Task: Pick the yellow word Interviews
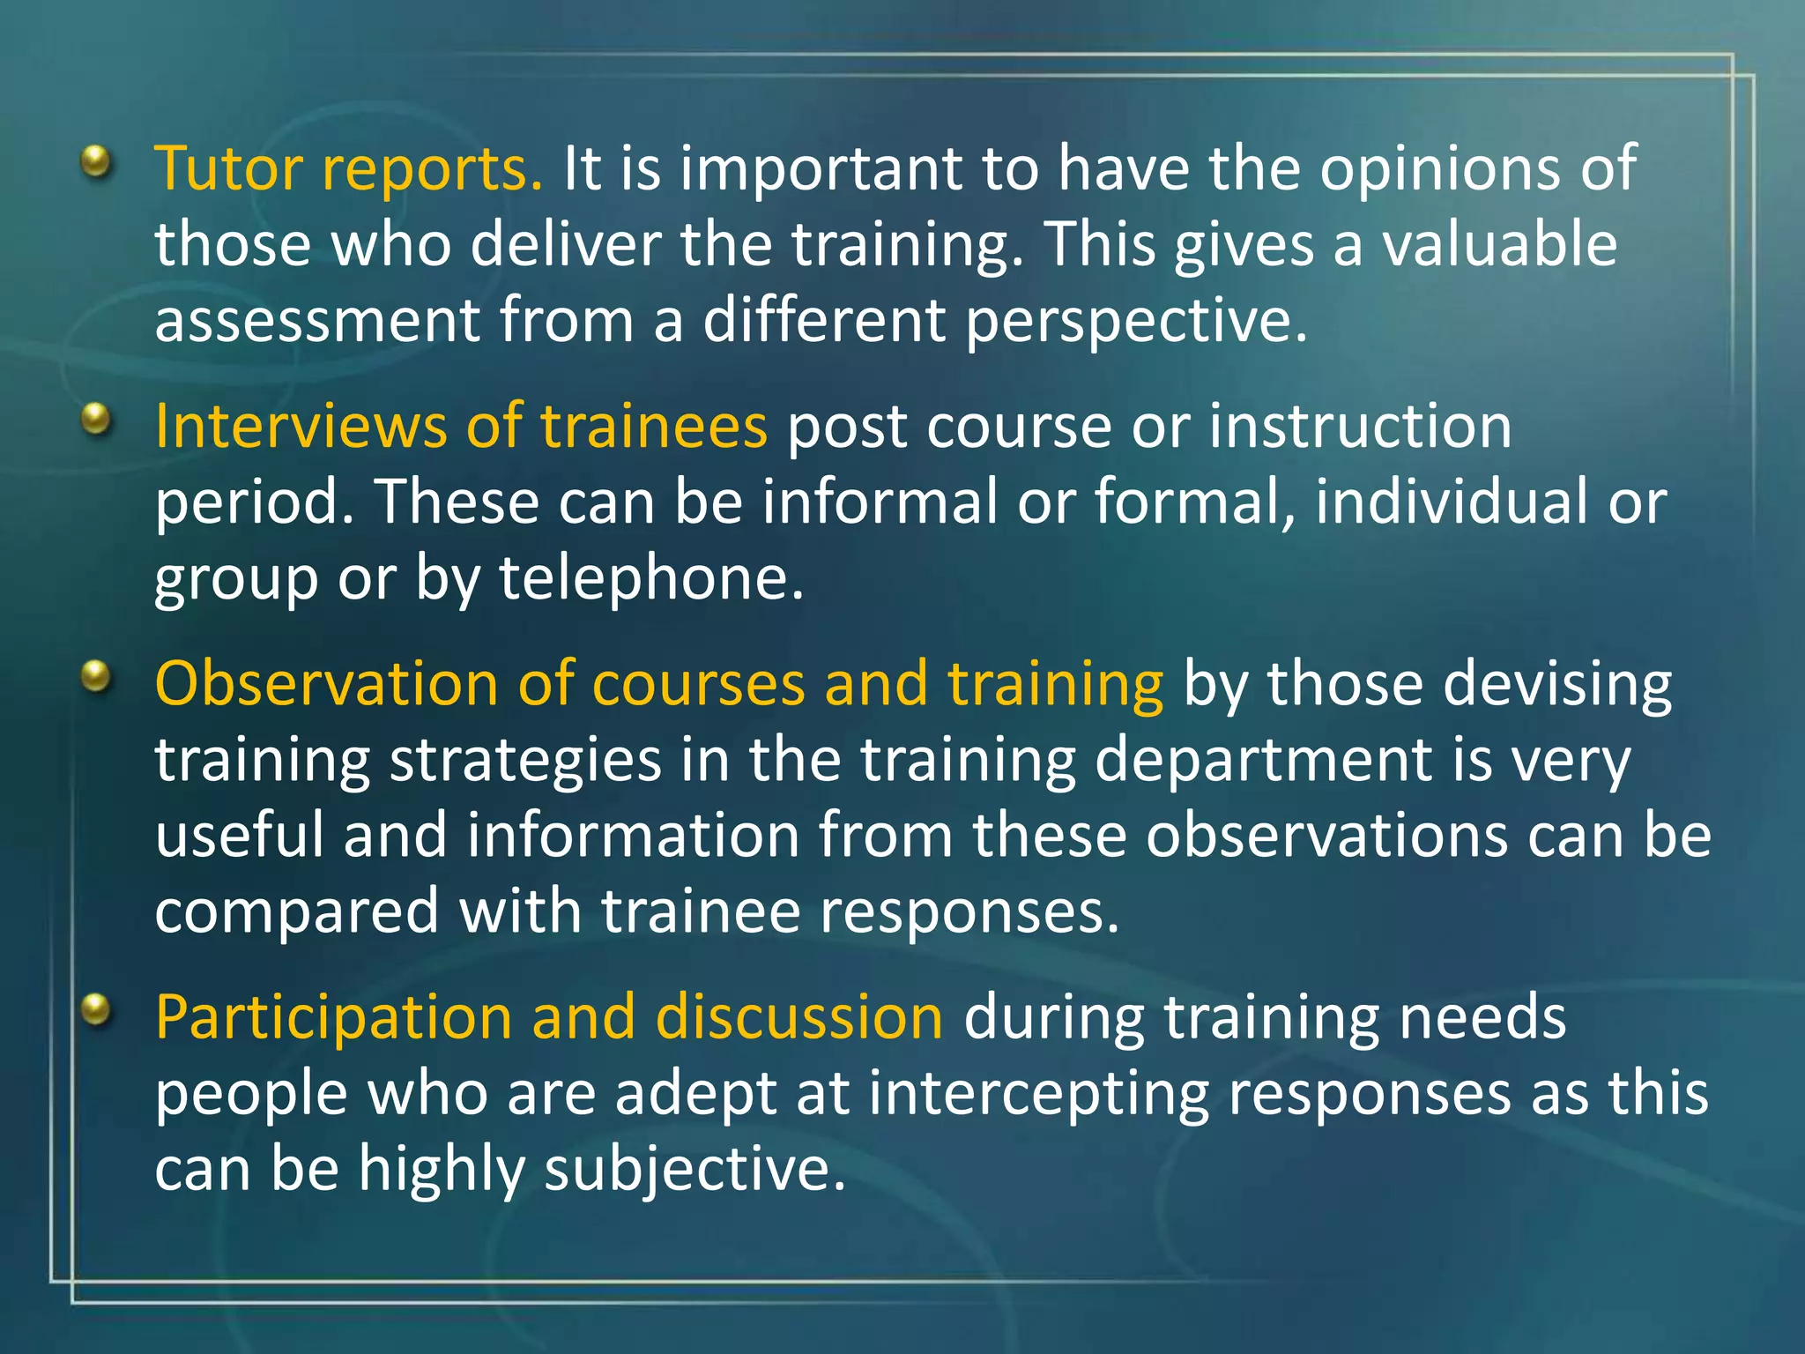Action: [300, 427]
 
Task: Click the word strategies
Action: [525, 761]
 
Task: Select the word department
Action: [1262, 761]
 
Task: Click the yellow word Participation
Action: [333, 1017]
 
